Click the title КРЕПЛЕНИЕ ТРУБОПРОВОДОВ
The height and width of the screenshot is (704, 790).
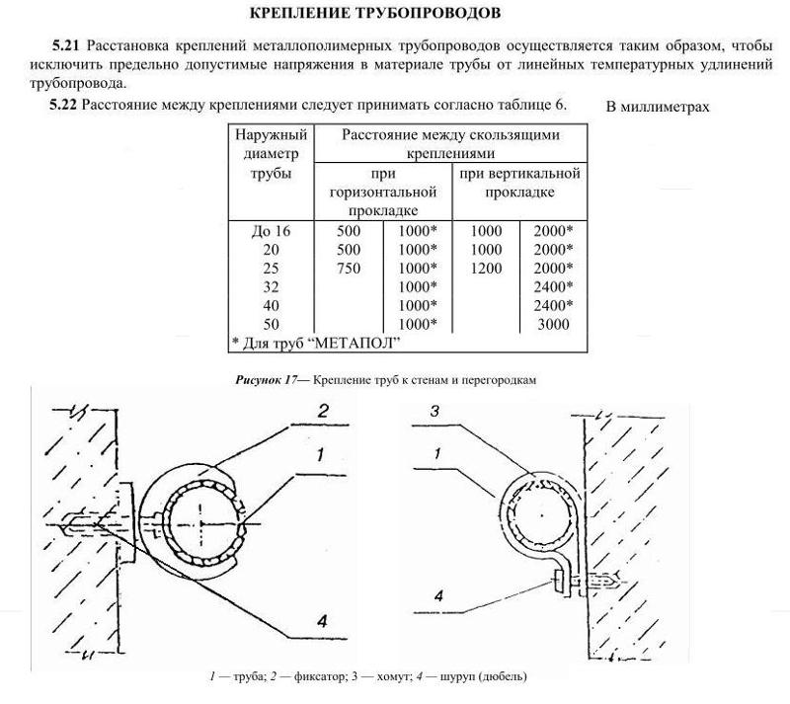(x=394, y=13)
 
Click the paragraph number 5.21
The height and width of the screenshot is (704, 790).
(x=66, y=46)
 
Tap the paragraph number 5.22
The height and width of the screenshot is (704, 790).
(x=66, y=104)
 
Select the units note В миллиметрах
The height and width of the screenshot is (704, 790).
(x=657, y=106)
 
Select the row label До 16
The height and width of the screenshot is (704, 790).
(x=271, y=231)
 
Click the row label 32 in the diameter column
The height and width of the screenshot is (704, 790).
(x=271, y=286)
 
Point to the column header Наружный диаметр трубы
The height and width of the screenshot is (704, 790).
(x=272, y=154)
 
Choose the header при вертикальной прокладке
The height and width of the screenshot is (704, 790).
(x=518, y=183)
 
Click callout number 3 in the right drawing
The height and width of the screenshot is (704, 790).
(x=433, y=412)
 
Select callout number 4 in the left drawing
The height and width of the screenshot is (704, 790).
(x=321, y=620)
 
